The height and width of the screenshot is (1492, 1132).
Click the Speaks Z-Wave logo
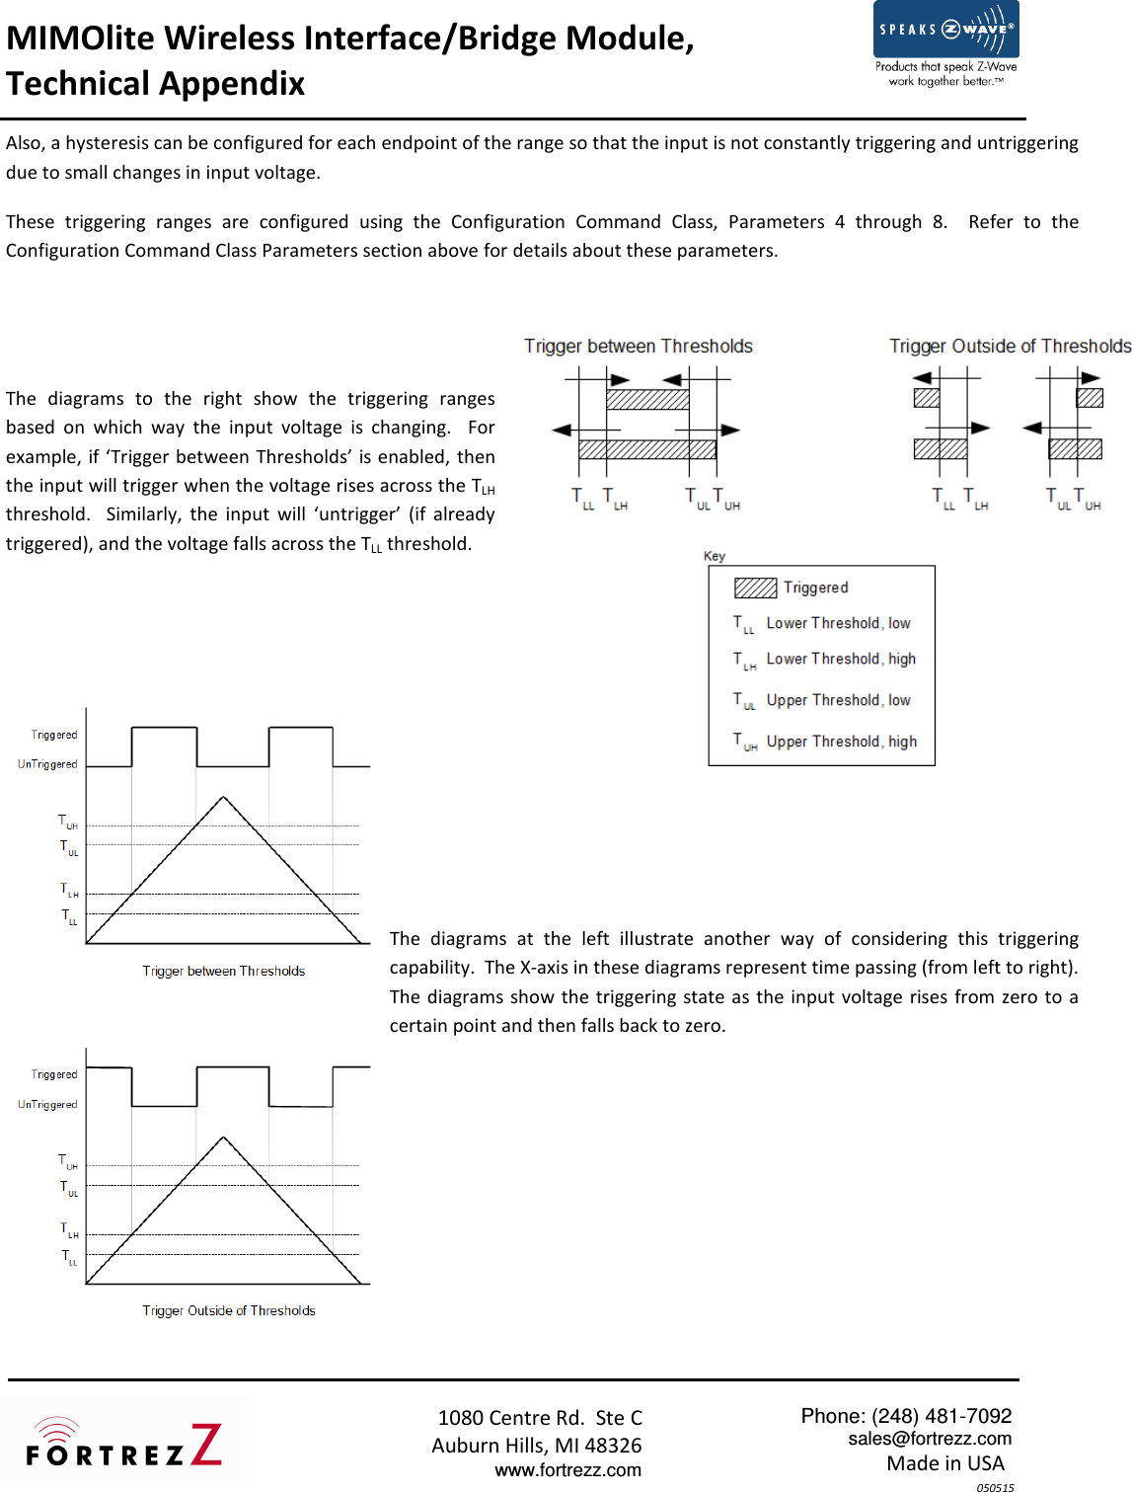[x=945, y=44]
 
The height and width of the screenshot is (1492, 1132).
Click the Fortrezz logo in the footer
[x=124, y=1445]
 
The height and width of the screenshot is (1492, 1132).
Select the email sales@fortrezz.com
[x=930, y=1439]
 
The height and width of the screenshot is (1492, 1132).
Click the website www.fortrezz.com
[x=567, y=1470]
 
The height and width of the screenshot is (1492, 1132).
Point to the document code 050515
[x=995, y=1487]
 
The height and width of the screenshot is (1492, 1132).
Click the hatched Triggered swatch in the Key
[x=755, y=589]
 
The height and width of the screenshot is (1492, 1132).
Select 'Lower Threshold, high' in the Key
[x=841, y=660]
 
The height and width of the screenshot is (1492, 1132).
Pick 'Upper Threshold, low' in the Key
[x=838, y=701]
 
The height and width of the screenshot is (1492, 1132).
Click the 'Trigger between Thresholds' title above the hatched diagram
[x=638, y=347]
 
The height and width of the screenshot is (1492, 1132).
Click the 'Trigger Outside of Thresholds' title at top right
[x=1010, y=347]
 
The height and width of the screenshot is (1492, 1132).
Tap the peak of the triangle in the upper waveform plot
[x=224, y=798]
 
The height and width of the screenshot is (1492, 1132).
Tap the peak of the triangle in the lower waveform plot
[x=224, y=1139]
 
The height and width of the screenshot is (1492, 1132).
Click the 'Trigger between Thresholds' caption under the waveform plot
[x=223, y=972]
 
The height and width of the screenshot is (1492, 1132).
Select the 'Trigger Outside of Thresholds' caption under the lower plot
[x=228, y=1311]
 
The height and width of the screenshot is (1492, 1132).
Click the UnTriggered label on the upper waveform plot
[x=47, y=764]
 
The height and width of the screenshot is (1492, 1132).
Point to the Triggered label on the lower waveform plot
[x=53, y=1074]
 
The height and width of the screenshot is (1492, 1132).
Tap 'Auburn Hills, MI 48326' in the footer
[x=536, y=1446]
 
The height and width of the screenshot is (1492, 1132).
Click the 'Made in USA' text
[x=944, y=1463]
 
